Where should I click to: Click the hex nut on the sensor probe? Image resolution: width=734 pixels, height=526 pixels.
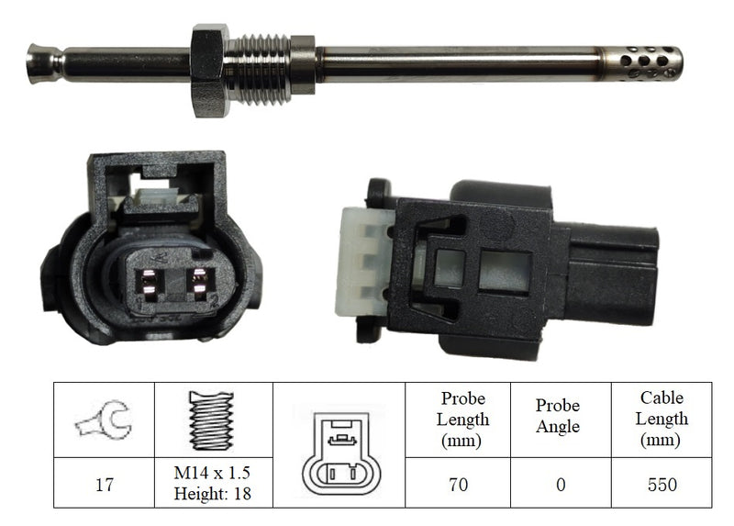209,71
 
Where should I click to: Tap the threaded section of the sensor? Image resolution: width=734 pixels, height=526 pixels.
258,70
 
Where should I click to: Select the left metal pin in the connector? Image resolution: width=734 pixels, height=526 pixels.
150,285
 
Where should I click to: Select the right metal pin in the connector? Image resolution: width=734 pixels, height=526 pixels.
200,285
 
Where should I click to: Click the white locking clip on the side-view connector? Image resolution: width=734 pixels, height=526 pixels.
363,263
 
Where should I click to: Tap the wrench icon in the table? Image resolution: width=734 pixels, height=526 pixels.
105,420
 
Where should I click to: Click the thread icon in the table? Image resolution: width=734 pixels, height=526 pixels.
212,420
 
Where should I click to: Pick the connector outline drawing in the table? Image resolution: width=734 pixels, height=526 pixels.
341,453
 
